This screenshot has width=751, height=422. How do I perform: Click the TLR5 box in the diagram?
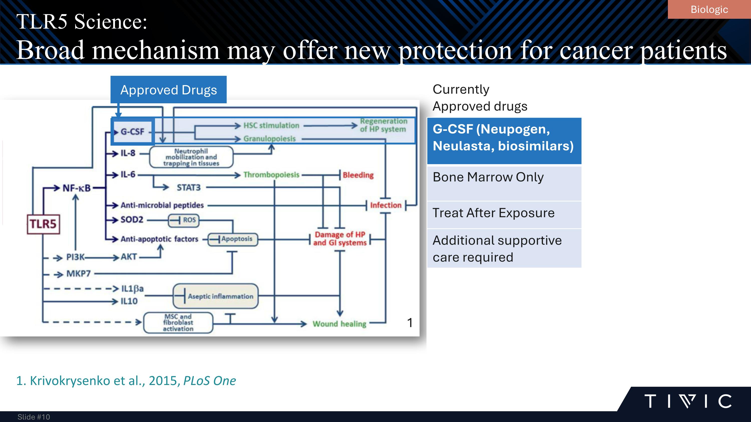(43, 224)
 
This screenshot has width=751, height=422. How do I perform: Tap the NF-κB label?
(76, 188)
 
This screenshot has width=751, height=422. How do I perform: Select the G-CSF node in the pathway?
(133, 132)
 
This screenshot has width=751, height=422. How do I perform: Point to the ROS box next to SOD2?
(184, 220)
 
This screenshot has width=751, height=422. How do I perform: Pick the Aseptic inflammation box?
(216, 296)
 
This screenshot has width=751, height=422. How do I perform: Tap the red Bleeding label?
(358, 175)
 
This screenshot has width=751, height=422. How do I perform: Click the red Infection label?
(386, 205)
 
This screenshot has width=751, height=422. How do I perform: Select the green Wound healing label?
(339, 324)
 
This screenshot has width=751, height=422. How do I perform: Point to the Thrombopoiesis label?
(271, 175)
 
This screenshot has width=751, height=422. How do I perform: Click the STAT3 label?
(189, 188)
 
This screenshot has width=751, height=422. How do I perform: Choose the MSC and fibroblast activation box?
(178, 323)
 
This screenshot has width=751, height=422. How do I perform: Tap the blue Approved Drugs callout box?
(168, 90)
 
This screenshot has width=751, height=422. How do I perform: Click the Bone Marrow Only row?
(504, 183)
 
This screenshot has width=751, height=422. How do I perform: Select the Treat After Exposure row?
(504, 215)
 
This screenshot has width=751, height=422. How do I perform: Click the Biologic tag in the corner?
(709, 10)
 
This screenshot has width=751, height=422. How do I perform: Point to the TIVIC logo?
(688, 401)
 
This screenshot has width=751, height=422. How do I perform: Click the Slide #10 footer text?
(34, 417)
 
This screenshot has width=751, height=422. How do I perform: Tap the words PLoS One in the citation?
(209, 381)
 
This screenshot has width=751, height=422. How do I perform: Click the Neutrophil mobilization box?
(191, 157)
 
